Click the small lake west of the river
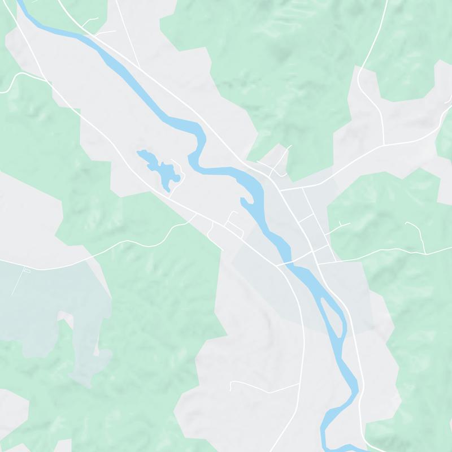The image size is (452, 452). click(161, 169)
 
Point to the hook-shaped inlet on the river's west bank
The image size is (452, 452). click(244, 201)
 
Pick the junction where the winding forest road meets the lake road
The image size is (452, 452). click(195, 214)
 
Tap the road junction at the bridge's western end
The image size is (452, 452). click(277, 265)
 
